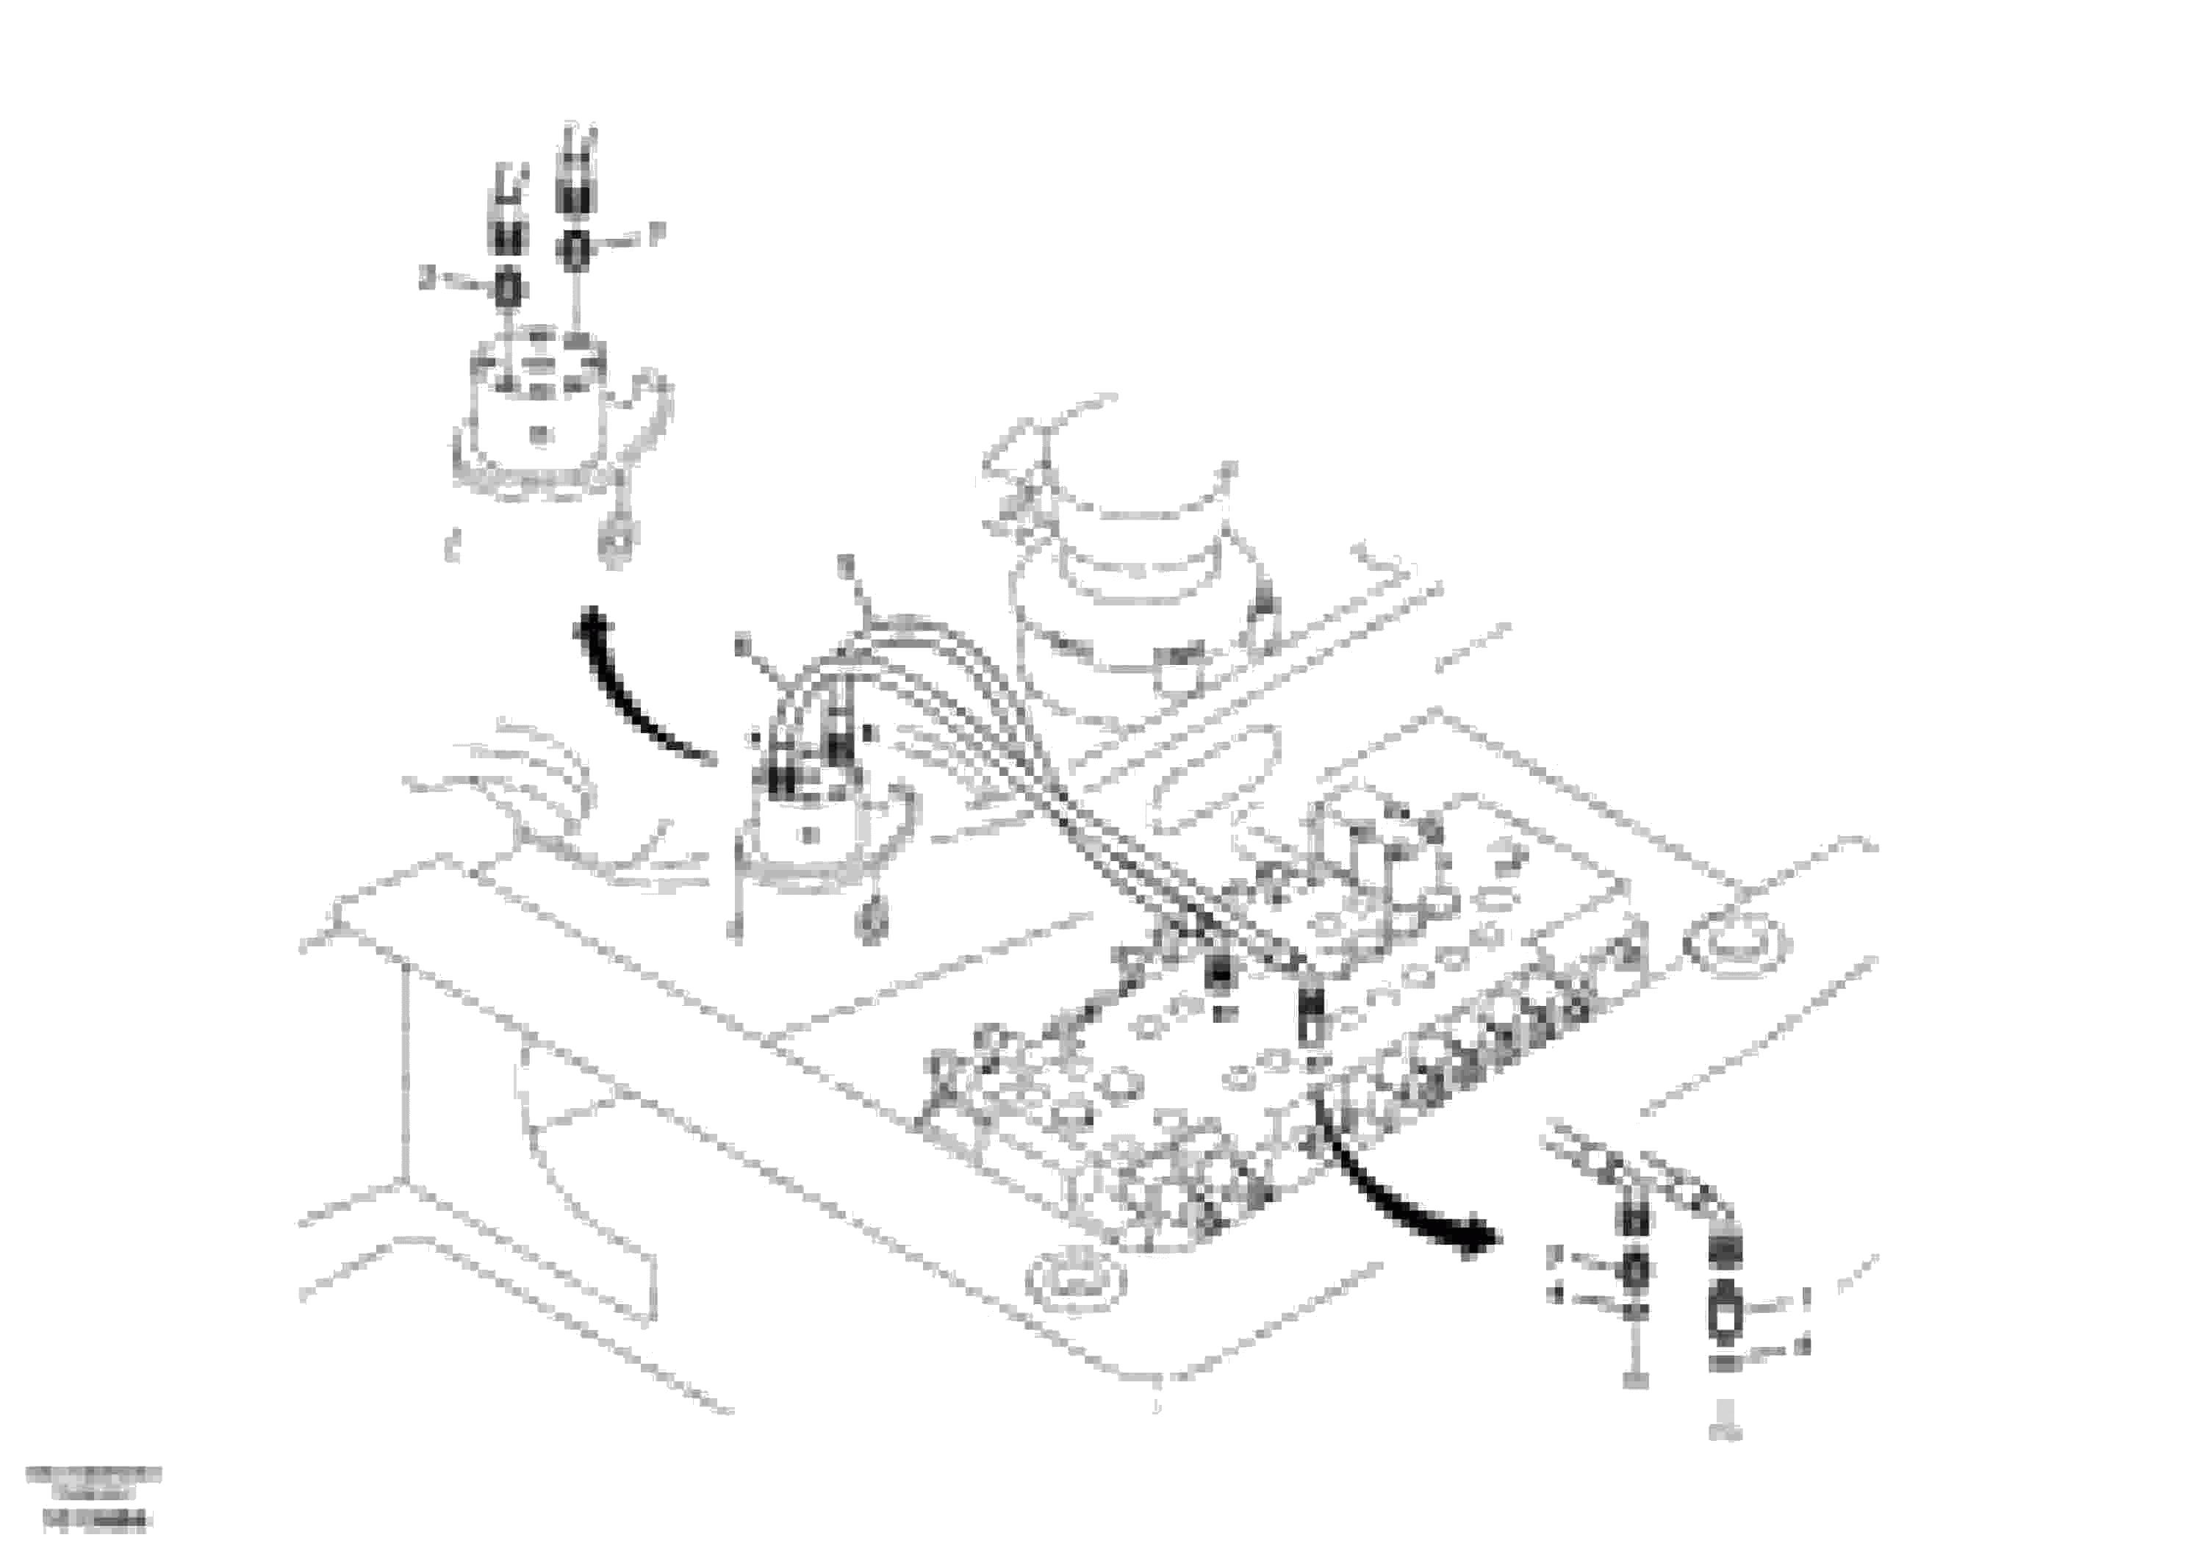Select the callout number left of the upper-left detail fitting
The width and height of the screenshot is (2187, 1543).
tap(428, 279)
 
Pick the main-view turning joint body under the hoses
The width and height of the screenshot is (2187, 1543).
tap(810, 838)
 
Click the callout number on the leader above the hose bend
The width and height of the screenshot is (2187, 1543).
tap(843, 568)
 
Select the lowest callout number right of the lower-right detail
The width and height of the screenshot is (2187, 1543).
tap(1801, 1346)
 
